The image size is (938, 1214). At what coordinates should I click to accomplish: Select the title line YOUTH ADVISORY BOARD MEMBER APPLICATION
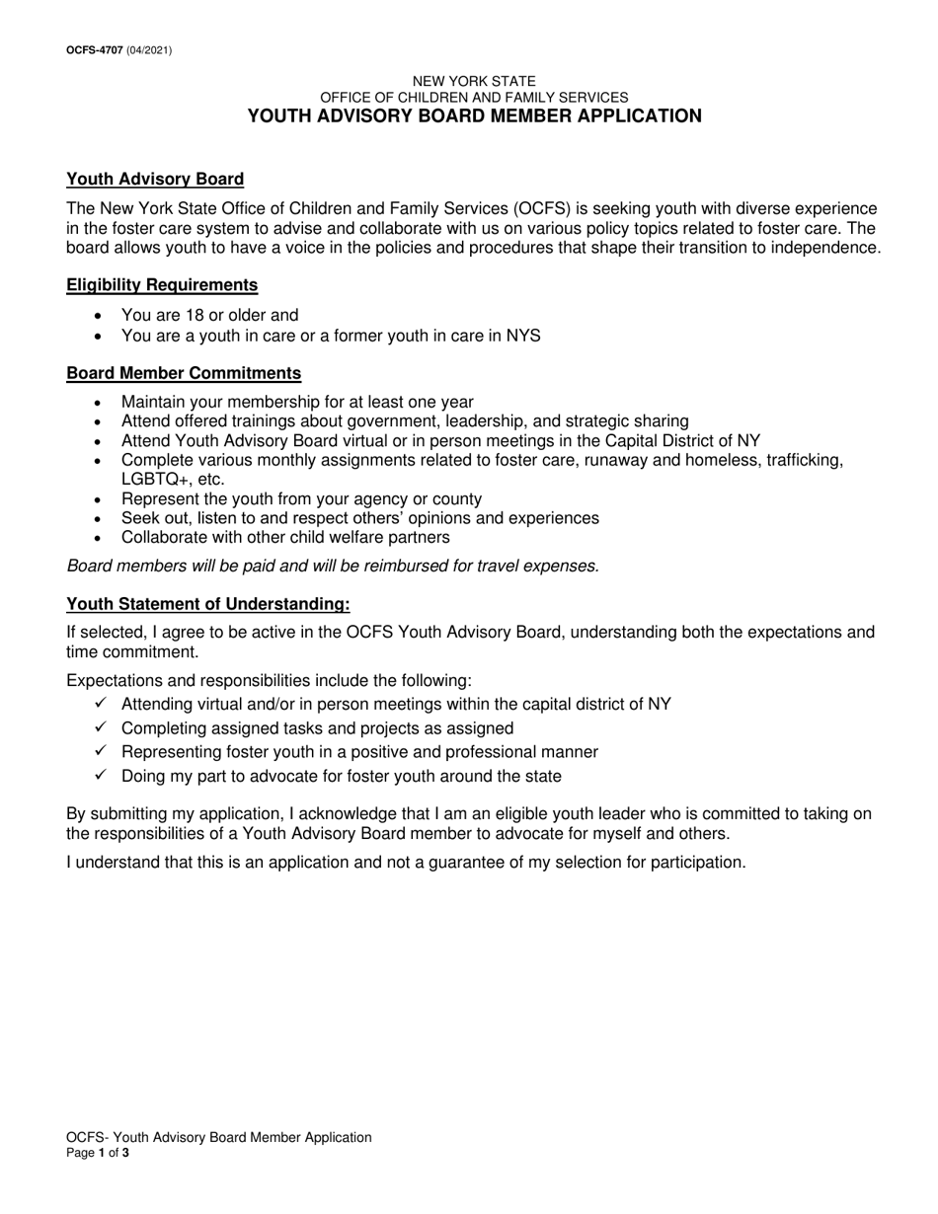click(474, 115)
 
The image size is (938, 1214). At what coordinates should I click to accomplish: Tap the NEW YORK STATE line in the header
click(474, 81)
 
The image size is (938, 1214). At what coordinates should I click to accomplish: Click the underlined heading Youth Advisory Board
click(155, 179)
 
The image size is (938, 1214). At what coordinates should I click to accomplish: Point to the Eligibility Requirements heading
click(162, 285)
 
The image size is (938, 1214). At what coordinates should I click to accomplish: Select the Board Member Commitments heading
click(184, 373)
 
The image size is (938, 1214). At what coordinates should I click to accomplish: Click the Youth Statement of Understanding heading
click(207, 604)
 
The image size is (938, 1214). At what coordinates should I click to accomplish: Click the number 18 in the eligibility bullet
click(194, 316)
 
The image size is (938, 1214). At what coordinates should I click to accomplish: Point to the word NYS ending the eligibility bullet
click(523, 336)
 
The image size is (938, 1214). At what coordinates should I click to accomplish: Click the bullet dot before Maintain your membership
click(97, 403)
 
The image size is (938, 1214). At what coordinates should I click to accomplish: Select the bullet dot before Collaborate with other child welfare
click(97, 538)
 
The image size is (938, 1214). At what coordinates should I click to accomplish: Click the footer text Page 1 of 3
click(97, 1152)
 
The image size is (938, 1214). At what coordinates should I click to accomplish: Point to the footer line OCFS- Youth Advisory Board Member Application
click(219, 1137)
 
